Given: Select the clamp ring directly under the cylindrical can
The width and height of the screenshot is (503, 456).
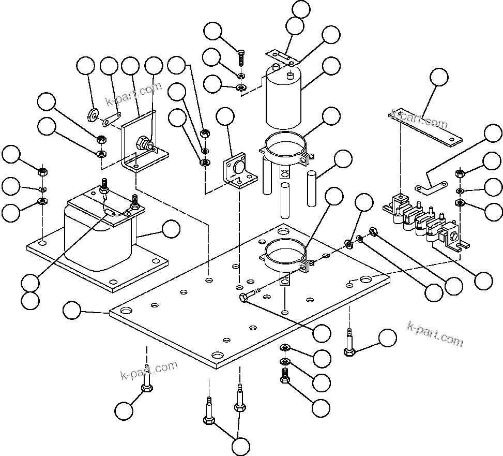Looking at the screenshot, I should pos(285,146).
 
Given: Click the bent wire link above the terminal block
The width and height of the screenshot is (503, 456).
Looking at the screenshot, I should pos(431,184).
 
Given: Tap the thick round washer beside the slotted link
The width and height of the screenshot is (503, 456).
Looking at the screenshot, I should pos(94,114).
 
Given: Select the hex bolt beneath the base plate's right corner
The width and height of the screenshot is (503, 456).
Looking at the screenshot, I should pos(349,349).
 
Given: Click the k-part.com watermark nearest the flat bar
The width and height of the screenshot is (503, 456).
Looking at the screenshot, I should pos(420,119).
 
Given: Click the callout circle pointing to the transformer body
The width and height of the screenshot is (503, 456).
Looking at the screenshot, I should pos(171,229).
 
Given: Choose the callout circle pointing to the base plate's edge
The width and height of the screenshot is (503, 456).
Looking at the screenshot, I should pos(72,311).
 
